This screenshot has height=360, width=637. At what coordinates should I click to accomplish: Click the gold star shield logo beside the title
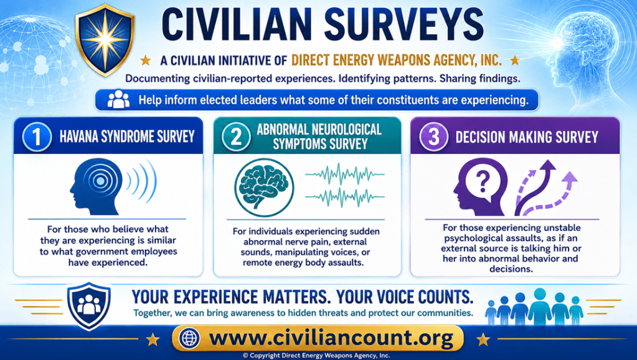tap(105, 39)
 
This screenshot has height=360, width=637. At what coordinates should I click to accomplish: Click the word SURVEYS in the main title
tap(404, 25)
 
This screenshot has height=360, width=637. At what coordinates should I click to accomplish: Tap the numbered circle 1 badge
tap(37, 137)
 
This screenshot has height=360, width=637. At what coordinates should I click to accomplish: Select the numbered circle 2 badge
tap(236, 137)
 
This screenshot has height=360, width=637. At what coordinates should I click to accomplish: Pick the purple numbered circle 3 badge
tap(434, 137)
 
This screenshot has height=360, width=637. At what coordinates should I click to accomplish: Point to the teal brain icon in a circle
tap(264, 187)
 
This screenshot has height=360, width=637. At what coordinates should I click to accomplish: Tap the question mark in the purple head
tap(483, 181)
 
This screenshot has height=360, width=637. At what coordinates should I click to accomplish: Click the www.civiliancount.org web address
tap(331, 338)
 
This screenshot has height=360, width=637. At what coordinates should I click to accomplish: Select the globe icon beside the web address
tap(189, 338)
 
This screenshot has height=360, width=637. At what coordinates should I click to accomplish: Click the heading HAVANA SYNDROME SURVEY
tap(127, 136)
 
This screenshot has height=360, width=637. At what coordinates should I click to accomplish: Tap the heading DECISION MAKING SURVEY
tap(527, 137)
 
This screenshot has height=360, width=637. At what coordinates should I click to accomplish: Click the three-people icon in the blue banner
tap(118, 99)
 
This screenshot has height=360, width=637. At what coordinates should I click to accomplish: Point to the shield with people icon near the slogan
tap(88, 306)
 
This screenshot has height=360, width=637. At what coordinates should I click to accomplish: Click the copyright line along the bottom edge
tap(316, 356)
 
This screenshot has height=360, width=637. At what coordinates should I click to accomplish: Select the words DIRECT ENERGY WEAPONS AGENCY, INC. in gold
tap(397, 60)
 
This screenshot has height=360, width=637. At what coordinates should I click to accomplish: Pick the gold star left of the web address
tap(153, 339)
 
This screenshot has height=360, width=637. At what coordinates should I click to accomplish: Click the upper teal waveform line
tap(344, 174)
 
